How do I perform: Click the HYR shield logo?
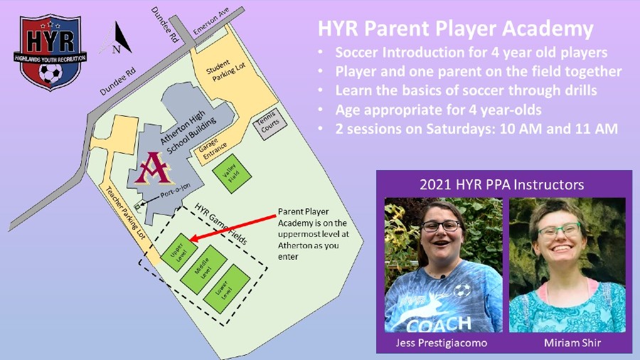(x=50, y=52)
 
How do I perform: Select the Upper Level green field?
(x=179, y=253)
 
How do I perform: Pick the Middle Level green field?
(x=203, y=269)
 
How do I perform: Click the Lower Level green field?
(x=227, y=289)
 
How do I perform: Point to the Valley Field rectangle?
(x=232, y=174)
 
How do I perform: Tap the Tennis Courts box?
(x=270, y=124)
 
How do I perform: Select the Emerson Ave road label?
(x=211, y=21)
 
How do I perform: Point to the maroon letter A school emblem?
(x=154, y=168)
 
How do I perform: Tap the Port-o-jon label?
(x=175, y=191)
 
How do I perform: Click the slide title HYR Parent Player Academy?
(x=456, y=28)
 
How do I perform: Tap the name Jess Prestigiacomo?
(x=442, y=342)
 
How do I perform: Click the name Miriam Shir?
(x=572, y=342)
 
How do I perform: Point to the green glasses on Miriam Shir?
(x=560, y=231)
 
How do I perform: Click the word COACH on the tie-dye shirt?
(x=439, y=325)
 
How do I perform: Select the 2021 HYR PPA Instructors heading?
(x=501, y=184)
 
